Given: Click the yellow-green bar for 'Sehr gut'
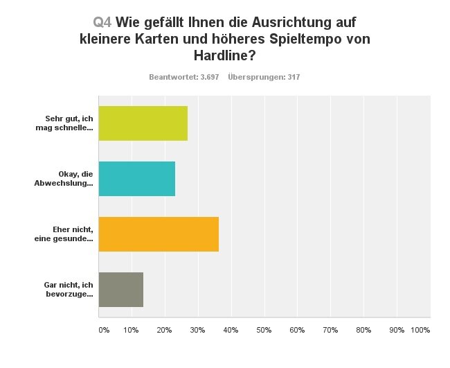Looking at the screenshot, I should click(x=143, y=123).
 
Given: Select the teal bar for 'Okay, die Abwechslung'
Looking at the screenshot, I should click(x=136, y=179).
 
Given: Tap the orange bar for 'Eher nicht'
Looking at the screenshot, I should click(x=159, y=234).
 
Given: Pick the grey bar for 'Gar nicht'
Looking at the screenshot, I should click(x=120, y=290).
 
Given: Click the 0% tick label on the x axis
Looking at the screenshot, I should click(x=104, y=330).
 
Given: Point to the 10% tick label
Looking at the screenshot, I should click(x=131, y=330).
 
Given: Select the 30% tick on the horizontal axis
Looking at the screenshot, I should click(x=197, y=330).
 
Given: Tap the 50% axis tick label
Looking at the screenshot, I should click(x=264, y=330).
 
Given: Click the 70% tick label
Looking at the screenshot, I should click(x=330, y=330).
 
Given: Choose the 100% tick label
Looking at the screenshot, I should click(x=420, y=330).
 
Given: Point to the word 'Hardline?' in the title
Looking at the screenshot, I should click(x=225, y=55).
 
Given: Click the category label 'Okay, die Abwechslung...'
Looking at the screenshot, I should click(x=67, y=179).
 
